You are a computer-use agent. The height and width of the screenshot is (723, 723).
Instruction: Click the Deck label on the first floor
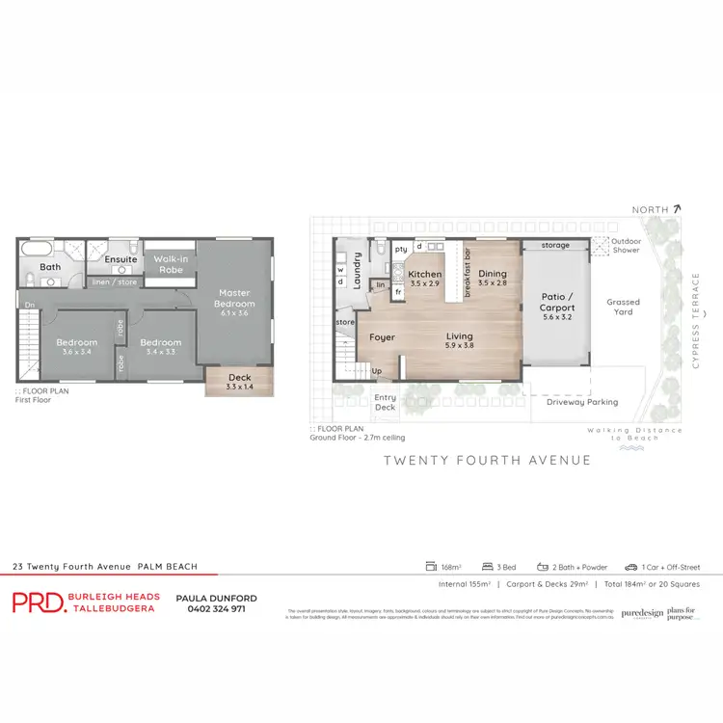pyautogui.click(x=239, y=378)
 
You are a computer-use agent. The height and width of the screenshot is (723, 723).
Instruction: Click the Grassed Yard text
pyautogui.click(x=623, y=307)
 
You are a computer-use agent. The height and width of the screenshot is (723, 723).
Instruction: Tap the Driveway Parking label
pyautogui.click(x=581, y=402)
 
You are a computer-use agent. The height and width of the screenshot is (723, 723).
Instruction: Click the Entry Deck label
pyautogui.click(x=385, y=402)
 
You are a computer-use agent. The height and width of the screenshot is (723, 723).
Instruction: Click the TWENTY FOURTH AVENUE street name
pyautogui.click(x=487, y=460)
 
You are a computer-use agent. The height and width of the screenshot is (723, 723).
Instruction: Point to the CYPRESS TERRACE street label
pyautogui.click(x=708, y=310)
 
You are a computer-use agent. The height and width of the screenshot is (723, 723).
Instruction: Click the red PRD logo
pyautogui.click(x=35, y=602)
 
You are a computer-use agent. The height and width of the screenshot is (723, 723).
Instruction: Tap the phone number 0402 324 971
pyautogui.click(x=211, y=608)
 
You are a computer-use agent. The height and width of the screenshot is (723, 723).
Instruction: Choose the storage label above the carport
pyautogui.click(x=555, y=246)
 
